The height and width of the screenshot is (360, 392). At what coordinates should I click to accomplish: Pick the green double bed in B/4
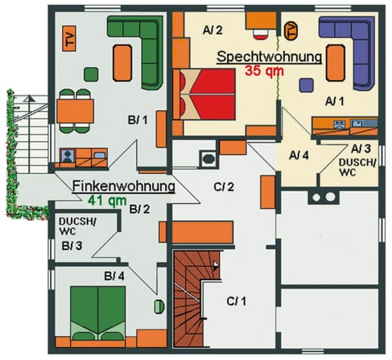pyautogui.click(x=98, y=311)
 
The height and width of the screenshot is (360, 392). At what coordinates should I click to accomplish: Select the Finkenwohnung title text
pyautogui.click(x=122, y=186)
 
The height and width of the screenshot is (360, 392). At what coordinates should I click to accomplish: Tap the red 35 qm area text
pyautogui.click(x=262, y=71)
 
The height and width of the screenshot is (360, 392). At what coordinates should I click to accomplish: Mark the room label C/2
pyautogui.click(x=224, y=188)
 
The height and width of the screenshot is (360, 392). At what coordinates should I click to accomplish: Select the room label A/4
pyautogui.click(x=299, y=154)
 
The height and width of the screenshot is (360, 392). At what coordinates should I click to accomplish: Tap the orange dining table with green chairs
pyautogui.click(x=75, y=109)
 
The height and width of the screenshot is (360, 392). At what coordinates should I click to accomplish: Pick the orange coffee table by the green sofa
pyautogui.click(x=122, y=64)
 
